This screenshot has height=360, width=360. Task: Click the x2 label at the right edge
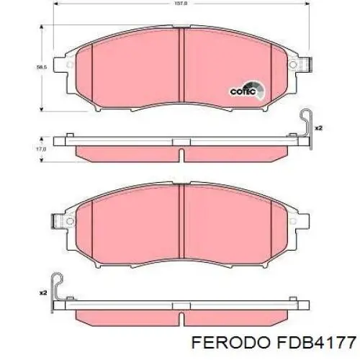point(319,127)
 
